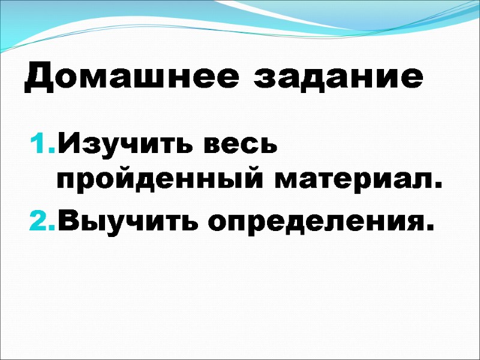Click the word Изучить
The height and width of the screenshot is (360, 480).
point(121,146)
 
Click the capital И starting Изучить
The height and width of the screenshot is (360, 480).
point(68,146)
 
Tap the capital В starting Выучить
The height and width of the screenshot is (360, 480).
point(67,223)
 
